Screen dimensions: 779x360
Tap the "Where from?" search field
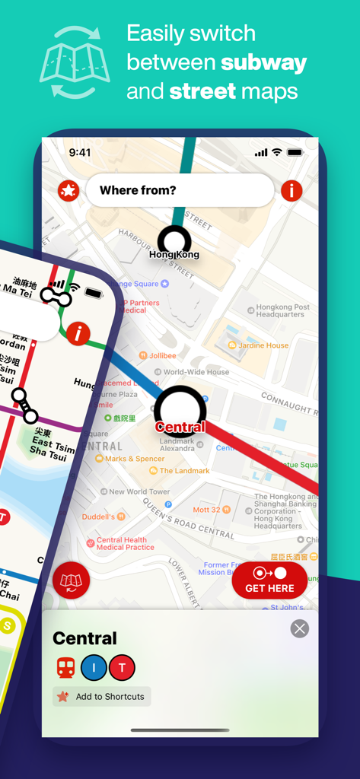click(x=180, y=190)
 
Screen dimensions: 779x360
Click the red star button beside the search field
click(x=68, y=191)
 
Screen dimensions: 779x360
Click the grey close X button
click(x=300, y=628)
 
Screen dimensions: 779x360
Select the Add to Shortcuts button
click(x=102, y=696)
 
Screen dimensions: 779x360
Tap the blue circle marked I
click(x=94, y=668)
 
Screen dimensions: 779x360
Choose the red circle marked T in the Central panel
click(x=122, y=668)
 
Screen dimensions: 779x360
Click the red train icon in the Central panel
click(x=65, y=668)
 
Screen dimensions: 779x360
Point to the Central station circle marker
click(x=180, y=412)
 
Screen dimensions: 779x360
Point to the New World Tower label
click(x=139, y=491)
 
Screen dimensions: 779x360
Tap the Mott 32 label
click(x=206, y=510)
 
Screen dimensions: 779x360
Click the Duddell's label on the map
click(x=98, y=517)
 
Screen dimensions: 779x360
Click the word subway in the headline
click(x=264, y=62)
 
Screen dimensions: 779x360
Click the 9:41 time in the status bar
click(x=79, y=152)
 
